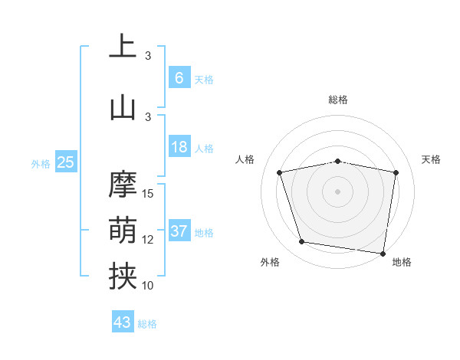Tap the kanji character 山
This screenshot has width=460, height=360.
pyautogui.click(x=123, y=106)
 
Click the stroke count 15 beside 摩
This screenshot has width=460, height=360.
pyautogui.click(x=148, y=193)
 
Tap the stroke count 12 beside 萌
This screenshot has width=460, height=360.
pyautogui.click(x=148, y=240)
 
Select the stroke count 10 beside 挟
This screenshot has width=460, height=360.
pyautogui.click(x=148, y=286)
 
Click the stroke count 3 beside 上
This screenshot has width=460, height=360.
pyautogui.click(x=148, y=56)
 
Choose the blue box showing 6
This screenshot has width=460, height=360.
pyautogui.click(x=179, y=77)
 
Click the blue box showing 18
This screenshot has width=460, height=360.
pyautogui.click(x=179, y=147)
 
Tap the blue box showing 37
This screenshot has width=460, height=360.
pyautogui.click(x=179, y=231)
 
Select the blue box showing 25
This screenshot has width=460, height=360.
pyautogui.click(x=65, y=162)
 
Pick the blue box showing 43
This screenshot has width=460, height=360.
pyautogui.click(x=122, y=322)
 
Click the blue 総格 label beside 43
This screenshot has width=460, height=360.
pyautogui.click(x=147, y=324)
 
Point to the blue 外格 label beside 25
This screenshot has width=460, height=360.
pyautogui.click(x=40, y=163)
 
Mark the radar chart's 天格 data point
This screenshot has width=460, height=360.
pyautogui.click(x=396, y=172)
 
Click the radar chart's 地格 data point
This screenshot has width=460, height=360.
pyautogui.click(x=383, y=253)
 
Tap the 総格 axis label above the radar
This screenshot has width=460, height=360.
pyautogui.click(x=337, y=100)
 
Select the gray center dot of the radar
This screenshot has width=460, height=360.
pyautogui.click(x=337, y=191)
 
